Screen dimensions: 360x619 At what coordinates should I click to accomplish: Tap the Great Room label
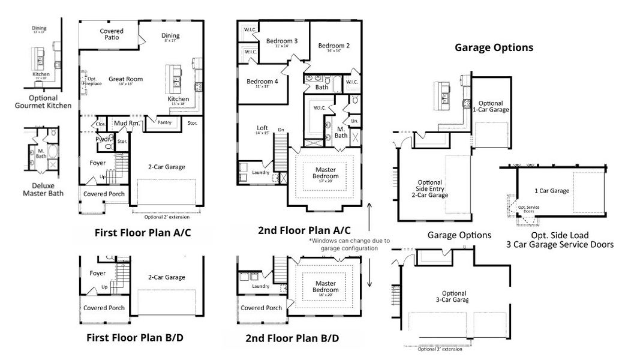[125, 79]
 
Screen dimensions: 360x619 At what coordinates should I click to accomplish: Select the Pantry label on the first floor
[164, 122]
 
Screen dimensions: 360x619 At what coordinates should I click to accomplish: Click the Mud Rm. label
[127, 124]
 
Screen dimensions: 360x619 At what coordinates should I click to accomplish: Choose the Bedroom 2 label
[334, 46]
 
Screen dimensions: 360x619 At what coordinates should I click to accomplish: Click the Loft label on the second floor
[262, 128]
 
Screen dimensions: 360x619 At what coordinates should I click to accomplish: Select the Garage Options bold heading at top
[494, 47]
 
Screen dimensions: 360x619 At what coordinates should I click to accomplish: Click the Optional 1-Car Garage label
[491, 107]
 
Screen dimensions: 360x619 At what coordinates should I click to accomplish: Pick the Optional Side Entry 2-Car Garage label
[429, 188]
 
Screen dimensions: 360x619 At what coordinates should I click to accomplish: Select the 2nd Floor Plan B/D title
[292, 338]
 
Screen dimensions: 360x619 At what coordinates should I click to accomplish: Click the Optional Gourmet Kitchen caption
[43, 102]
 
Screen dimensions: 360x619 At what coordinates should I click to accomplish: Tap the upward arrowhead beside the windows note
[369, 206]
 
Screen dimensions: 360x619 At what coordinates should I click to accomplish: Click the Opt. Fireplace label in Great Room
[91, 81]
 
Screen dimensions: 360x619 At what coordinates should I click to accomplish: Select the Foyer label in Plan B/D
[98, 273]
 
